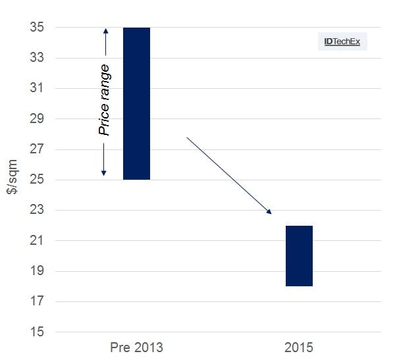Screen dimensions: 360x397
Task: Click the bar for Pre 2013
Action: pyautogui.click(x=136, y=103)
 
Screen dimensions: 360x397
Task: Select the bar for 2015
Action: pyautogui.click(x=299, y=256)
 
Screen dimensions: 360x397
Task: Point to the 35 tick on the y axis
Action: pyautogui.click(x=36, y=28)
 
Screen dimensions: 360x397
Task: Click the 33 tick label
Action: pyautogui.click(x=36, y=58)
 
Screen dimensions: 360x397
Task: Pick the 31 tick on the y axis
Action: pyautogui.click(x=36, y=88)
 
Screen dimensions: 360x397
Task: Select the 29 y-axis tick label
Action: pyautogui.click(x=36, y=119)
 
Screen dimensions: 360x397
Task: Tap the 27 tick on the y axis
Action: pyautogui.click(x=36, y=149)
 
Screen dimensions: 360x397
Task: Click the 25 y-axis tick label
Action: pyautogui.click(x=36, y=180)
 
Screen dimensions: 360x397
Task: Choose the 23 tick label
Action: pyautogui.click(x=36, y=210)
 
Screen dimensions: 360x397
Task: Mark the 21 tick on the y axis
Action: pyautogui.click(x=36, y=241)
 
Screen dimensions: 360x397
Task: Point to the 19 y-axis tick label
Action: pyautogui.click(x=36, y=271)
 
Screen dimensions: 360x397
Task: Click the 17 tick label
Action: pyautogui.click(x=36, y=301)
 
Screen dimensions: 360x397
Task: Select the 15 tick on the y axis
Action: pyautogui.click(x=36, y=332)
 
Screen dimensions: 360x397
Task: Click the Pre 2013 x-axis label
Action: pyautogui.click(x=136, y=347)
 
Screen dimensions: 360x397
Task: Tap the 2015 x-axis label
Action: pyautogui.click(x=299, y=347)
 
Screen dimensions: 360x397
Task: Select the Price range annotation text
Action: pyautogui.click(x=104, y=100)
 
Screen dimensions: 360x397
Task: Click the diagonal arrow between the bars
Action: pyautogui.click(x=228, y=175)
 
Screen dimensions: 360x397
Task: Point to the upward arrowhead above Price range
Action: pyautogui.click(x=104, y=32)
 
